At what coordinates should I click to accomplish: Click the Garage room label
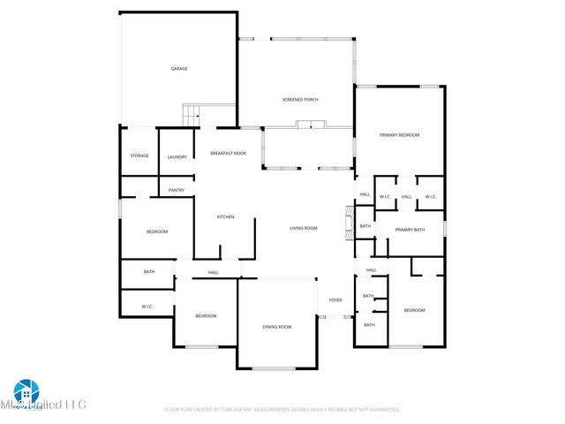(x=178, y=68)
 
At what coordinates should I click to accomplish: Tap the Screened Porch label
(x=299, y=99)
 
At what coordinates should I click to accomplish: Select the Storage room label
(x=139, y=155)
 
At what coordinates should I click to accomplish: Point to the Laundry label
(x=177, y=156)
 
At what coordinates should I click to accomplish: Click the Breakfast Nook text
(x=228, y=153)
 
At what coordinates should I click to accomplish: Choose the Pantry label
(x=177, y=189)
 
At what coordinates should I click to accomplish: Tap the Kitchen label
(x=225, y=216)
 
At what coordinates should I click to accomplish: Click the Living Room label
(x=304, y=228)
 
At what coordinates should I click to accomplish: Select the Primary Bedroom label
(x=399, y=134)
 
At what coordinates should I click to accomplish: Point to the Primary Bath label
(x=410, y=230)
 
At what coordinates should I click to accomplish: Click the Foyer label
(x=335, y=300)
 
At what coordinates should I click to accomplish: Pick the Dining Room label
(x=276, y=327)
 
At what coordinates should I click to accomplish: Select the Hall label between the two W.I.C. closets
(x=406, y=196)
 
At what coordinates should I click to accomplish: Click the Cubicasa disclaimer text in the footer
(x=282, y=409)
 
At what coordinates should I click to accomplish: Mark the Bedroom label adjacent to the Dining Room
(x=206, y=315)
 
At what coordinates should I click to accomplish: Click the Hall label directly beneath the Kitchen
(x=214, y=272)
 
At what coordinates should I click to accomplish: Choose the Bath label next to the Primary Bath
(x=365, y=226)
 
